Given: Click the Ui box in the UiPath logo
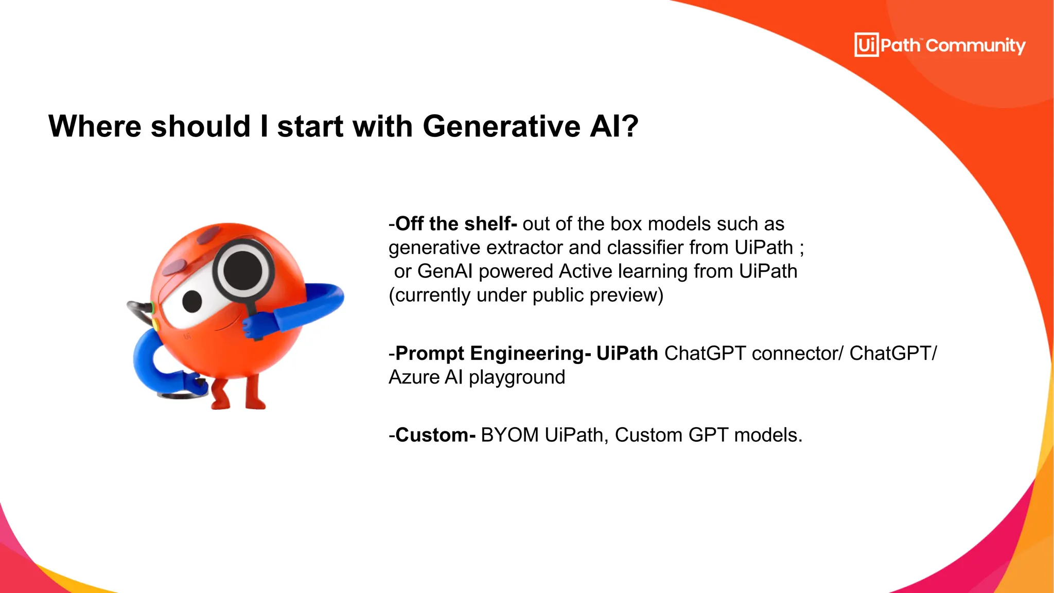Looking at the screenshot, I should click(866, 45).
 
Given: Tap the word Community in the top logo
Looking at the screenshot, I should click(975, 46).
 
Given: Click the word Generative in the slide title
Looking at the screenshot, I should click(501, 126).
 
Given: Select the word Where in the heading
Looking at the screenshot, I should click(95, 126).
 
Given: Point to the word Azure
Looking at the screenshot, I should click(414, 377).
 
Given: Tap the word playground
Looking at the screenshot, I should click(517, 377).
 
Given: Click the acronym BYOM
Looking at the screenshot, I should click(510, 435).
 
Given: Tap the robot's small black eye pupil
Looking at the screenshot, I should click(192, 301).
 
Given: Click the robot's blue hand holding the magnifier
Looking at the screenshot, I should click(258, 326).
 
